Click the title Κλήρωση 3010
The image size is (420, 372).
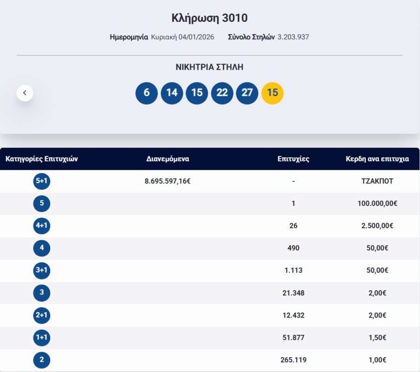(x=209, y=18)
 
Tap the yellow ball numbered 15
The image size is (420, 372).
(x=273, y=93)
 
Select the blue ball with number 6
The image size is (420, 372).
(x=147, y=93)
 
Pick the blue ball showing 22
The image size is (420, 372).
(x=222, y=93)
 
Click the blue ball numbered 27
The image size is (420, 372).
(x=247, y=93)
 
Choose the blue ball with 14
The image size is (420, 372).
(x=172, y=93)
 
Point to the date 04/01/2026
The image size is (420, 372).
(x=196, y=37)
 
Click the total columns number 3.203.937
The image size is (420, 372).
(x=293, y=37)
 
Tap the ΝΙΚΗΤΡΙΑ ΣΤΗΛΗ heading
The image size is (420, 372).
(x=209, y=67)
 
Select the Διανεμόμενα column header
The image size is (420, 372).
(x=167, y=159)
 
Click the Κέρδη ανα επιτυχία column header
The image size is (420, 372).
(x=377, y=159)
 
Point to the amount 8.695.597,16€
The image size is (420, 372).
(x=167, y=181)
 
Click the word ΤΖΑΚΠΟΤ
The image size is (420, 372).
(x=377, y=181)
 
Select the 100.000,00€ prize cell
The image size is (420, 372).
(x=377, y=204)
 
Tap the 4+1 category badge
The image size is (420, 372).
(x=42, y=226)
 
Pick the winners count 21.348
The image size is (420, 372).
(x=293, y=293)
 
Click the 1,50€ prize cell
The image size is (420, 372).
(x=377, y=338)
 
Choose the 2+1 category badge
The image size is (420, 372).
(x=42, y=315)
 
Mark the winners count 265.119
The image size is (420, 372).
(x=293, y=360)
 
